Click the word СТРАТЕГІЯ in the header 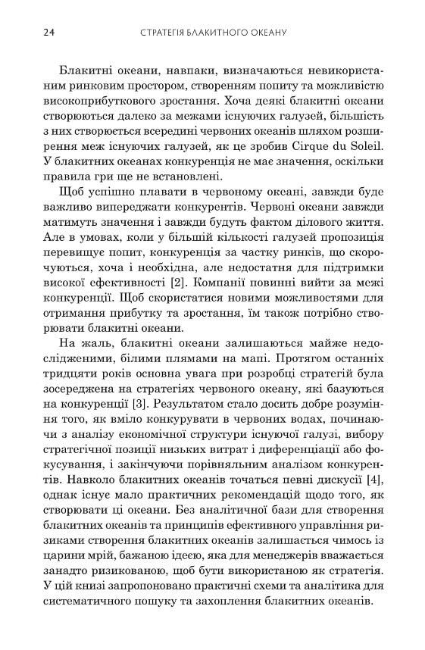pos(172,33)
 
